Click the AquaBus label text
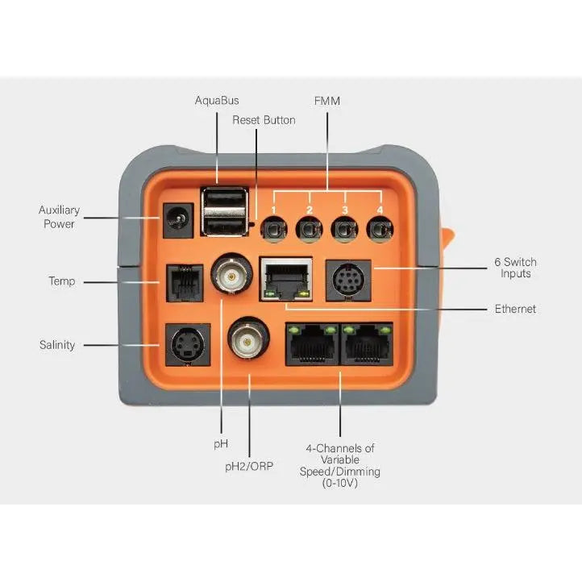217,101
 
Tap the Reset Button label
264,120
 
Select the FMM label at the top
328,101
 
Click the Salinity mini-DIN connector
186,345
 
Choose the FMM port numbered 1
273,231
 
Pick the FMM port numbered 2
308,231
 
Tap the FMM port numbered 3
343,231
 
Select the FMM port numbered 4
379,231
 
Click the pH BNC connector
231,276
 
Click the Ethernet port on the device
286,279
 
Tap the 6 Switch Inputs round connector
347,280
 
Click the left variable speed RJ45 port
312,345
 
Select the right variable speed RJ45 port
368,345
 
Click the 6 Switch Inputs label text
515,268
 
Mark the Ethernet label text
515,309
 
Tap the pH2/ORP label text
249,466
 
